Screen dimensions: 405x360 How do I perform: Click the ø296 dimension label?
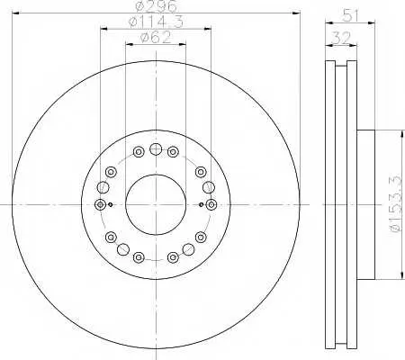(156, 6)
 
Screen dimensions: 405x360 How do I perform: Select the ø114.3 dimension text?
(156, 22)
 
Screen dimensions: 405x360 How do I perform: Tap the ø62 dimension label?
(156, 38)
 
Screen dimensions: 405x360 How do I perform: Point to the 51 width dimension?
(350, 15)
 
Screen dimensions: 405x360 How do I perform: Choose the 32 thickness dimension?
(342, 39)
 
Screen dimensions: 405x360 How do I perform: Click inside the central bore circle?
(156, 204)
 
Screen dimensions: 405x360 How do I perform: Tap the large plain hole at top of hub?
(156, 149)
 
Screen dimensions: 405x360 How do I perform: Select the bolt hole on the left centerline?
(100, 204)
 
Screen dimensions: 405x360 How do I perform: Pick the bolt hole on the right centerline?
(211, 204)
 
